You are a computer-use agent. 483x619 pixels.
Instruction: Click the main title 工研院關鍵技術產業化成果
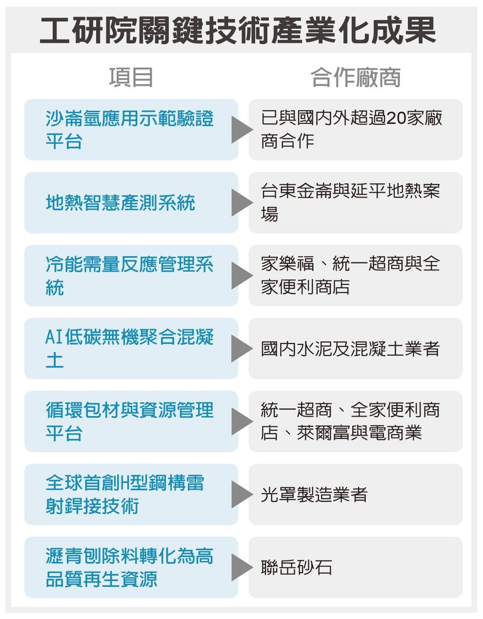[238, 30]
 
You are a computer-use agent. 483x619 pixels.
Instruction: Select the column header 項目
[131, 78]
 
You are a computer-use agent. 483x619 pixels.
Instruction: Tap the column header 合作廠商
[356, 78]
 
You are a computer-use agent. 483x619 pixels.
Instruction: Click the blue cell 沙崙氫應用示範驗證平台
[131, 130]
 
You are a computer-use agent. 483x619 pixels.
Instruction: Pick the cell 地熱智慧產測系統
[131, 202]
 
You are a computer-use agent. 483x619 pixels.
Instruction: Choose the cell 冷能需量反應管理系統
[131, 276]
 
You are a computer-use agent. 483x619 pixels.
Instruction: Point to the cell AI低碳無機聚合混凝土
[131, 348]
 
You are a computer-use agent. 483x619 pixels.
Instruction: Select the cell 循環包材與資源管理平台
[131, 421]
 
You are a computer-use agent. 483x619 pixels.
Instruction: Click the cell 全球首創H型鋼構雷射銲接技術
[131, 494]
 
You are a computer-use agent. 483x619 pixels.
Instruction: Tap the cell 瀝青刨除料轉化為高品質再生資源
[131, 567]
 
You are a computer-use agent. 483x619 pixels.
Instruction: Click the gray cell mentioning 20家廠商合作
[356, 130]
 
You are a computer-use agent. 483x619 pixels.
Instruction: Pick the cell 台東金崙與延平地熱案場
[356, 202]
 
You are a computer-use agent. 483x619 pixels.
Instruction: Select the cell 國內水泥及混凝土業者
[356, 348]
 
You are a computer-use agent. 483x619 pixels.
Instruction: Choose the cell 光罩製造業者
[356, 494]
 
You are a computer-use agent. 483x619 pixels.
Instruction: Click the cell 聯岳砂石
[356, 567]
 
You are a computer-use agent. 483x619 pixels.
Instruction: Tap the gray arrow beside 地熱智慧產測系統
[242, 202]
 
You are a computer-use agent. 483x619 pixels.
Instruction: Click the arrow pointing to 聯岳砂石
[242, 567]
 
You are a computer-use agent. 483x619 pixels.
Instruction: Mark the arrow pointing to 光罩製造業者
[242, 494]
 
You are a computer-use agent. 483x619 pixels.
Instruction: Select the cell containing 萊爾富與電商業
[356, 421]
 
